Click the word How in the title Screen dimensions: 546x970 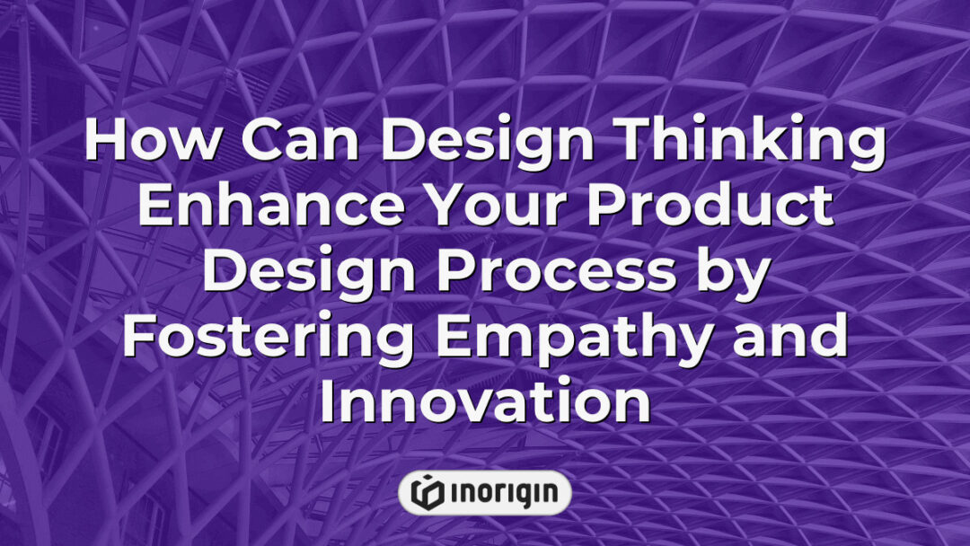(143, 144)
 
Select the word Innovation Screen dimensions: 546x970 (485, 401)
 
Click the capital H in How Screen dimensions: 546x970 (103, 144)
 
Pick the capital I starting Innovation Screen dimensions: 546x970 (329, 401)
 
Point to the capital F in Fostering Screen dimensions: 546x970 (138, 337)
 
